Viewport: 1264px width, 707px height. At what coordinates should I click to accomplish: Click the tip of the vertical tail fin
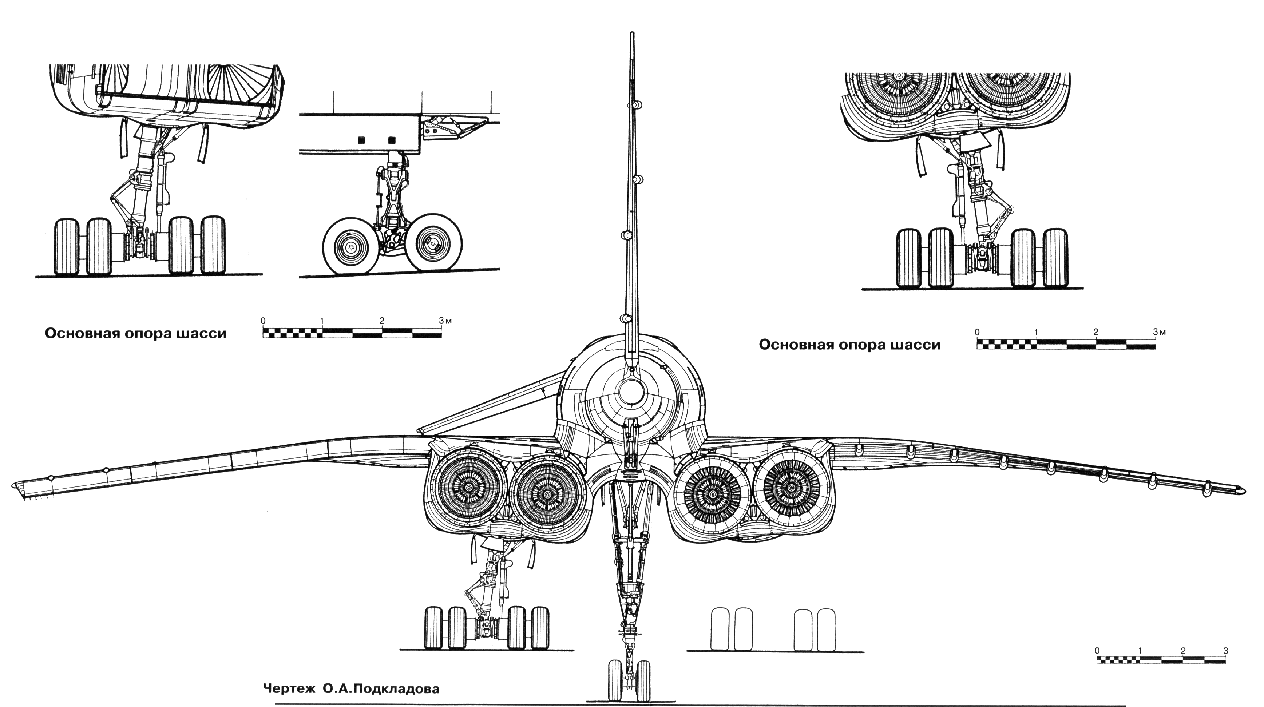pos(632,33)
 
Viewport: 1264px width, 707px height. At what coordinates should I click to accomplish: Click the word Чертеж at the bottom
pos(290,689)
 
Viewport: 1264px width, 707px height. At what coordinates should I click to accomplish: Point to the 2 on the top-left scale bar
pos(382,321)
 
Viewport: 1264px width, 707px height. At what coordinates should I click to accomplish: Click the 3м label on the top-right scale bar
pos(1160,332)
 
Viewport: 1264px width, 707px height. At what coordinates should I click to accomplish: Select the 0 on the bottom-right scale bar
pos(1097,651)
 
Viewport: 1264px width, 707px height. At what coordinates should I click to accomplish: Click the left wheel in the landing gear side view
pos(351,246)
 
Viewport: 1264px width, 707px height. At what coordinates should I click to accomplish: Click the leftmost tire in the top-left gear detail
pos(66,247)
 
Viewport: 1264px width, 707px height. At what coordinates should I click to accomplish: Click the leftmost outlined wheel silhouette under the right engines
pos(720,629)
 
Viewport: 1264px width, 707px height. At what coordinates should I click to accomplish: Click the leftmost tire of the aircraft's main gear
pos(434,628)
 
